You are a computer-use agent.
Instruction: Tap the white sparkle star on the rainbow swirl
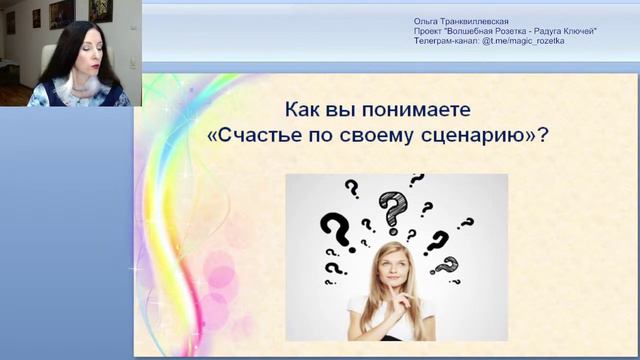tap(131, 269)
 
